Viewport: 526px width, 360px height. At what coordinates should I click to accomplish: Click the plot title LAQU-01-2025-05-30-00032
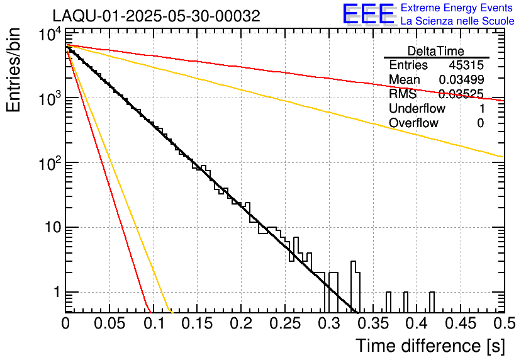pyautogui.click(x=156, y=16)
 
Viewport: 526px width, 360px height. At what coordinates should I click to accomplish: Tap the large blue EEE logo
pyautogui.click(x=368, y=14)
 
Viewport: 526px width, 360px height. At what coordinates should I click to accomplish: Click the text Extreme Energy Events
pyautogui.click(x=457, y=8)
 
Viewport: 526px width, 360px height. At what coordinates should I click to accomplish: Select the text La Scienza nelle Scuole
pyautogui.click(x=457, y=21)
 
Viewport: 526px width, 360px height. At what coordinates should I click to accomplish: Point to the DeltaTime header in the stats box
pyautogui.click(x=436, y=51)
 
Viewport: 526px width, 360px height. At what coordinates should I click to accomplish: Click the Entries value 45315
pyautogui.click(x=466, y=65)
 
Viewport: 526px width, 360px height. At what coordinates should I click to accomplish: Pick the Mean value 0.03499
pyautogui.click(x=461, y=80)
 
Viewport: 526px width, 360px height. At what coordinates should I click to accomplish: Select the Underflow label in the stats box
pyautogui.click(x=417, y=109)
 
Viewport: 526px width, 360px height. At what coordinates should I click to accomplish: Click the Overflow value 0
pyautogui.click(x=480, y=123)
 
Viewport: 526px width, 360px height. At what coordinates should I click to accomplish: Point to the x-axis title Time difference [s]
pyautogui.click(x=429, y=346)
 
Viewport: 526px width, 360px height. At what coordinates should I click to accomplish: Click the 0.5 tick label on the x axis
pyautogui.click(x=503, y=323)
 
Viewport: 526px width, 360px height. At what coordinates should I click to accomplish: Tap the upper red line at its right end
pyautogui.click(x=501, y=100)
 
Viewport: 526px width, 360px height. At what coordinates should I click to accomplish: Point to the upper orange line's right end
pyautogui.click(x=501, y=156)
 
